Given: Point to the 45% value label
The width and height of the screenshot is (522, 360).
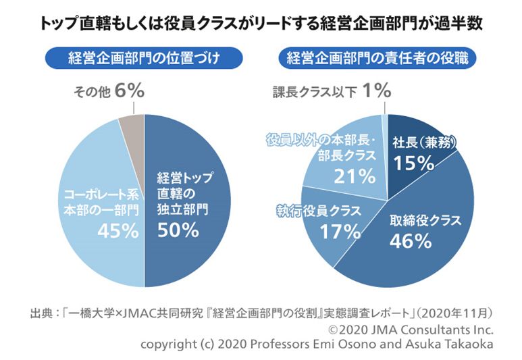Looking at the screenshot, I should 118,231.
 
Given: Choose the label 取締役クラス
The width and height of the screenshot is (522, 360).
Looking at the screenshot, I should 425,220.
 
